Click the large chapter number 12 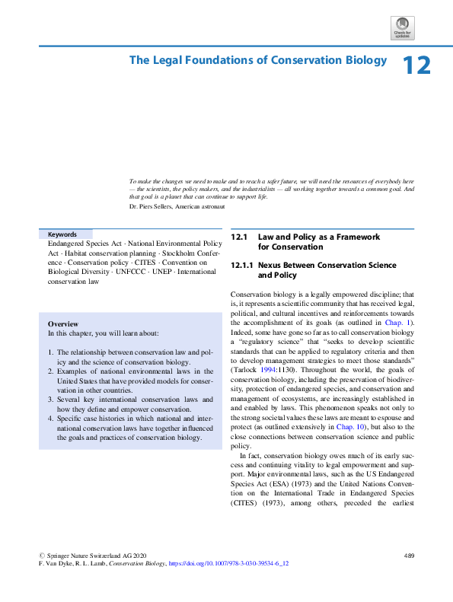point(416,65)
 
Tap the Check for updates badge point(402,28)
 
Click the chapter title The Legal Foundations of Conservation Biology point(258,60)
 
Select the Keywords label point(62,234)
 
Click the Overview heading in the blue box point(65,324)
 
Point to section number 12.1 point(239,237)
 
